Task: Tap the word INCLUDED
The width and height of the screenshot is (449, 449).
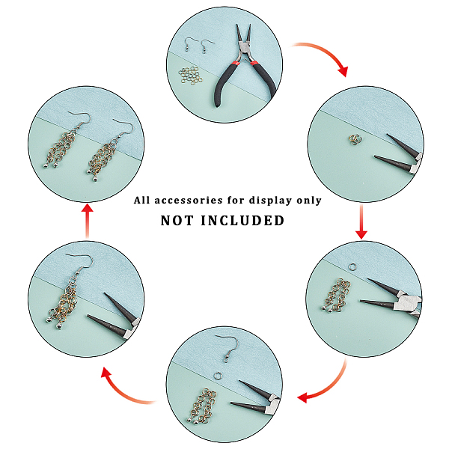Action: point(242,221)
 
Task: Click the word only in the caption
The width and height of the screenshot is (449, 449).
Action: point(309,201)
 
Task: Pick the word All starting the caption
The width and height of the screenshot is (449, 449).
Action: point(141,200)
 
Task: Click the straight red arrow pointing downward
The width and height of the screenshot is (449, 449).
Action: point(361,221)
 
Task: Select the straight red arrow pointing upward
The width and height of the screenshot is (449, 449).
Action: point(88,221)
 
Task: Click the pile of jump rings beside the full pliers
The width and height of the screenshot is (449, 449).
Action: point(190,76)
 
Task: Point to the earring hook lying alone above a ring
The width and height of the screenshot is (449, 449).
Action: point(227,348)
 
